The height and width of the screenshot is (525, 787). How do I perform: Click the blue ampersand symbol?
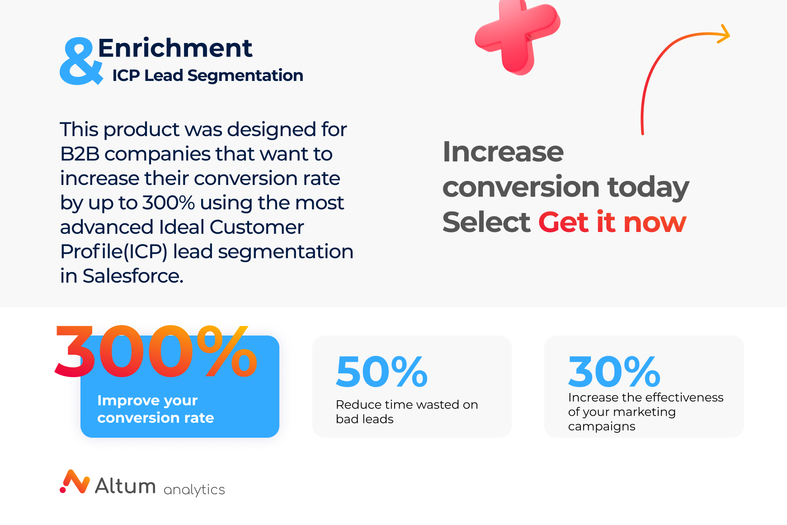point(80,61)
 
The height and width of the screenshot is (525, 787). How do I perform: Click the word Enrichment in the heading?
point(175,48)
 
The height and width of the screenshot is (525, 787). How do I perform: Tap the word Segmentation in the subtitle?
point(245,76)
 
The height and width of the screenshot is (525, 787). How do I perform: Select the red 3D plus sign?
point(517,36)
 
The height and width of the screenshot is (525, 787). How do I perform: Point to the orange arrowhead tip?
point(730,34)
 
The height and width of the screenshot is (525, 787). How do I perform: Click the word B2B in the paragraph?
point(80,154)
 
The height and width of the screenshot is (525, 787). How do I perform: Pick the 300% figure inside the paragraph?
point(168,203)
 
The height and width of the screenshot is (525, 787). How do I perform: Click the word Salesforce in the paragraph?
point(132,276)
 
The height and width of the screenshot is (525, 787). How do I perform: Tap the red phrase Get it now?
point(613,222)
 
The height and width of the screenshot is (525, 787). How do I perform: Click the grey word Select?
point(486,222)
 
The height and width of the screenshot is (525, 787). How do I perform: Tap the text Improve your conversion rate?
point(156,409)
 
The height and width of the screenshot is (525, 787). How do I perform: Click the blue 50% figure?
point(382,372)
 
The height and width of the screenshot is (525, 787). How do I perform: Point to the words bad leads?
point(364,419)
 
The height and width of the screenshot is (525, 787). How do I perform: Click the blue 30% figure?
point(614,372)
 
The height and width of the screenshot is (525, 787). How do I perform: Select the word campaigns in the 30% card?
point(602,426)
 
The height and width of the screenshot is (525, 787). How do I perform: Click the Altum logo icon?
point(75,482)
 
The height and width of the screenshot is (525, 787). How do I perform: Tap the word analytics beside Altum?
point(194,490)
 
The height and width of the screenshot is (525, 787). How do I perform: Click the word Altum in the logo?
point(125,486)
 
